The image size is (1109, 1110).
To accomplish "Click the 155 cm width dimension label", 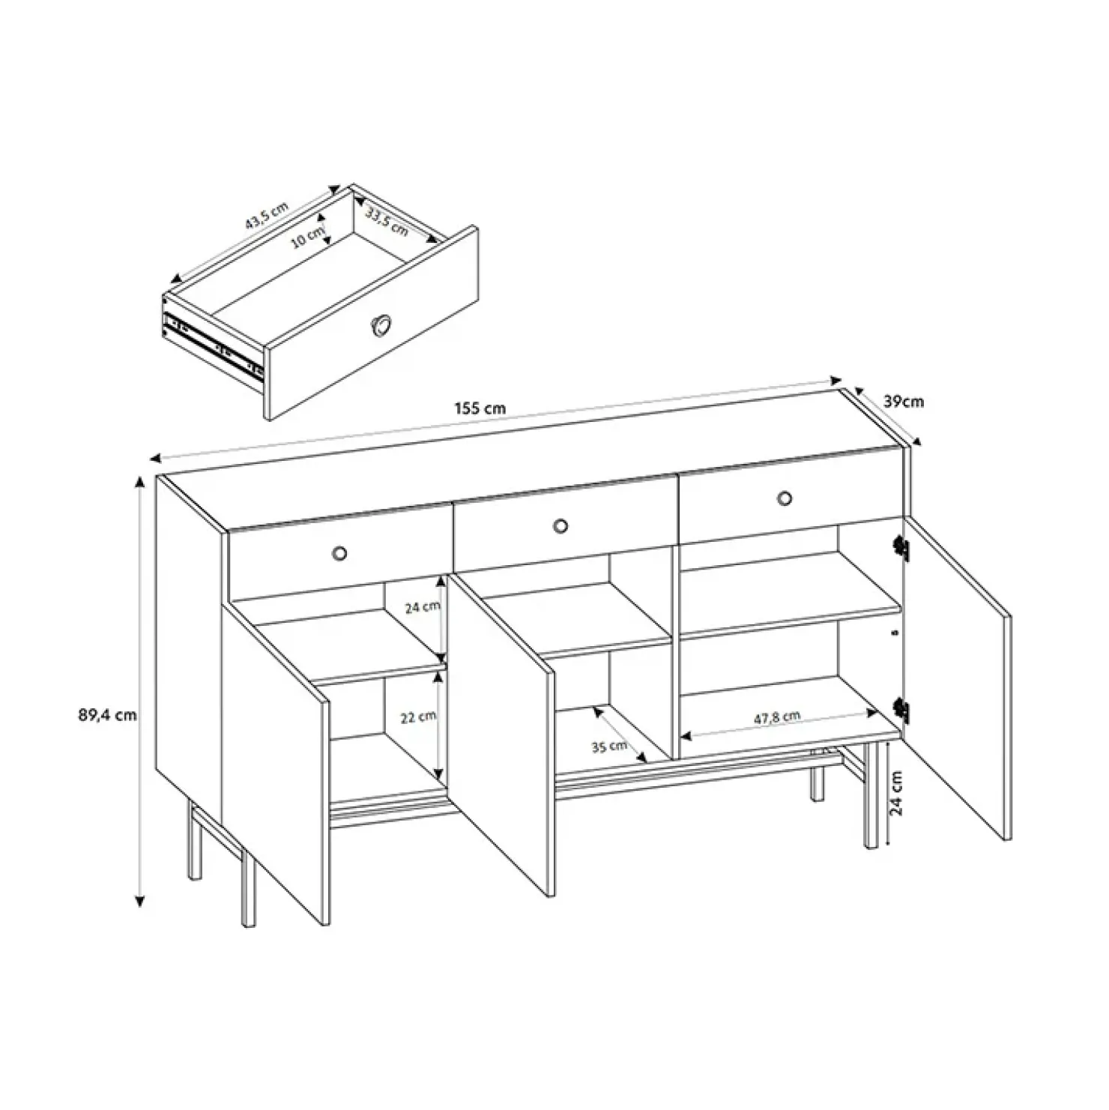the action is pyautogui.click(x=480, y=409).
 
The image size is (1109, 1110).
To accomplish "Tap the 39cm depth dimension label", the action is pyautogui.click(x=904, y=402).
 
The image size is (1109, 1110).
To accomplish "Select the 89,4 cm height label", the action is pyautogui.click(x=107, y=715).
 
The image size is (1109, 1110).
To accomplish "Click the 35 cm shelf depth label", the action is pyautogui.click(x=609, y=746).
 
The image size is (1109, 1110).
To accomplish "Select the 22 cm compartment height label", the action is pyautogui.click(x=418, y=717).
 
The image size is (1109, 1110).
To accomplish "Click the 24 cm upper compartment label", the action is pyautogui.click(x=423, y=607).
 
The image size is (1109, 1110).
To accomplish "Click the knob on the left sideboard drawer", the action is pyautogui.click(x=339, y=553).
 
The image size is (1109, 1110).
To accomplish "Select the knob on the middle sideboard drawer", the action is pyautogui.click(x=560, y=526).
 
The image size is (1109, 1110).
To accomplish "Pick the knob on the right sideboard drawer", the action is pyautogui.click(x=785, y=498).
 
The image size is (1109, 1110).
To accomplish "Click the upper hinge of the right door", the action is pyautogui.click(x=901, y=549).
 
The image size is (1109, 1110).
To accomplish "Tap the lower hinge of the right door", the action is pyautogui.click(x=901, y=711).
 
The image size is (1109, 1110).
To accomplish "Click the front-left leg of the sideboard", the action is pyautogui.click(x=249, y=888).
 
